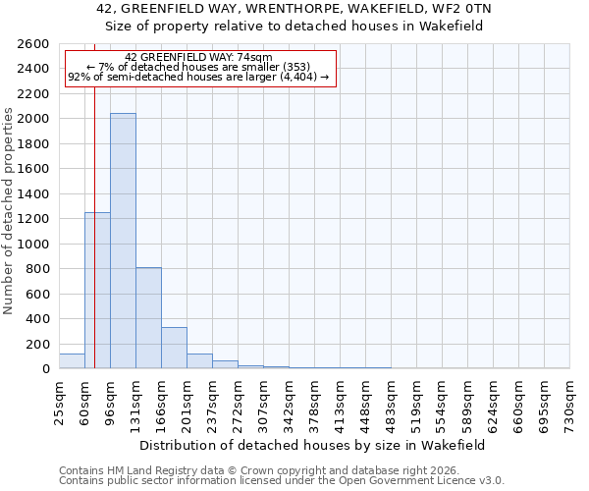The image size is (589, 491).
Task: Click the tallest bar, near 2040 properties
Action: pyautogui.click(x=123, y=241)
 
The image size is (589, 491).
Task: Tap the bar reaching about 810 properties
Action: pyautogui.click(x=148, y=318)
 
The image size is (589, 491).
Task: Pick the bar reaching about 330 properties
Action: pyautogui.click(x=174, y=348)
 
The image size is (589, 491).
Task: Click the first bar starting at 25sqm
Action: pyautogui.click(x=72, y=361)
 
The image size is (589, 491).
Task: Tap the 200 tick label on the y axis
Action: pyautogui.click(x=38, y=344)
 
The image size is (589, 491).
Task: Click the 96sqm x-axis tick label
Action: pyautogui.click(x=111, y=400)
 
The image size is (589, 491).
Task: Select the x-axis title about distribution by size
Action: pyautogui.click(x=313, y=445)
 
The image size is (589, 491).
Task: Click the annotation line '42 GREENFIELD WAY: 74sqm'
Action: pyautogui.click(x=199, y=58)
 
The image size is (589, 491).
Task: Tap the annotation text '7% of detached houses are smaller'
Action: pyautogui.click(x=199, y=67)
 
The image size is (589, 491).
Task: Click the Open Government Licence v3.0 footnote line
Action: pyautogui.click(x=282, y=481)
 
